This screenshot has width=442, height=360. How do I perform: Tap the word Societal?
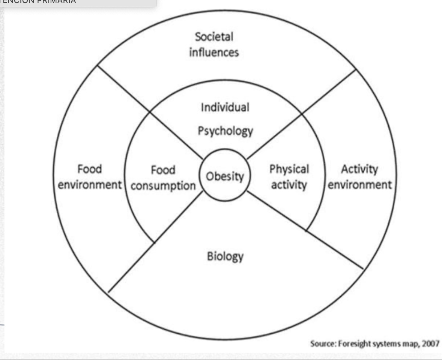(x=214, y=37)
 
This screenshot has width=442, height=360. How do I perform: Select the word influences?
(x=214, y=52)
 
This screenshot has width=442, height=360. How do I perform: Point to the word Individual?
(x=225, y=108)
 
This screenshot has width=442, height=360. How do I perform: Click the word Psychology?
(x=226, y=131)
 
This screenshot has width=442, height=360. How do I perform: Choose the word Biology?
(x=225, y=257)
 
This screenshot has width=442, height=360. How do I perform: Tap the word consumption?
(x=163, y=186)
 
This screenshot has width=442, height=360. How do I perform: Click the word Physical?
(x=289, y=169)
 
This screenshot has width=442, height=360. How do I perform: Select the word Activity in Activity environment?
(x=359, y=169)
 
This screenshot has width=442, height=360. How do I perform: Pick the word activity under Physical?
(x=289, y=185)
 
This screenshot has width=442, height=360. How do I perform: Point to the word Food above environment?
(x=90, y=169)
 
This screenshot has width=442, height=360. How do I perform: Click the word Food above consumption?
(x=163, y=171)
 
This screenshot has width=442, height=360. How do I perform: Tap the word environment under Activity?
(x=360, y=185)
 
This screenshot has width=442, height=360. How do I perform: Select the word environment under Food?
(x=90, y=185)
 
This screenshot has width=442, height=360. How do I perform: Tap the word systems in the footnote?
(x=385, y=344)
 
